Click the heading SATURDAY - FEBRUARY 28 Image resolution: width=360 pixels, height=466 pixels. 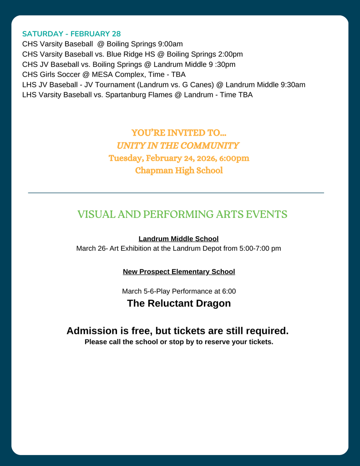click(x=71, y=34)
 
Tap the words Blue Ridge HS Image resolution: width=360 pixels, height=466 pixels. click(x=134, y=54)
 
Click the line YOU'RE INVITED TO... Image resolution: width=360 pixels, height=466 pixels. click(x=179, y=133)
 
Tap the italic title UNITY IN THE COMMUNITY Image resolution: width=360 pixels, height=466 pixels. click(x=178, y=146)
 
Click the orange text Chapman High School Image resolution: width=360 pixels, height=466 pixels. click(x=179, y=171)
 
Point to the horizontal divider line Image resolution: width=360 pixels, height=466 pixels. click(x=176, y=193)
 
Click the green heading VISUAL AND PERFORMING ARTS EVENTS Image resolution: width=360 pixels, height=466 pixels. click(x=182, y=214)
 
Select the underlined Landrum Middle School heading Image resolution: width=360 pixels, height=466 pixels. click(x=178, y=238)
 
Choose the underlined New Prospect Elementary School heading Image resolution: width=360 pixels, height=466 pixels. click(x=179, y=272)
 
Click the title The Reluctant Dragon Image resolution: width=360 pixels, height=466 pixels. click(x=179, y=303)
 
